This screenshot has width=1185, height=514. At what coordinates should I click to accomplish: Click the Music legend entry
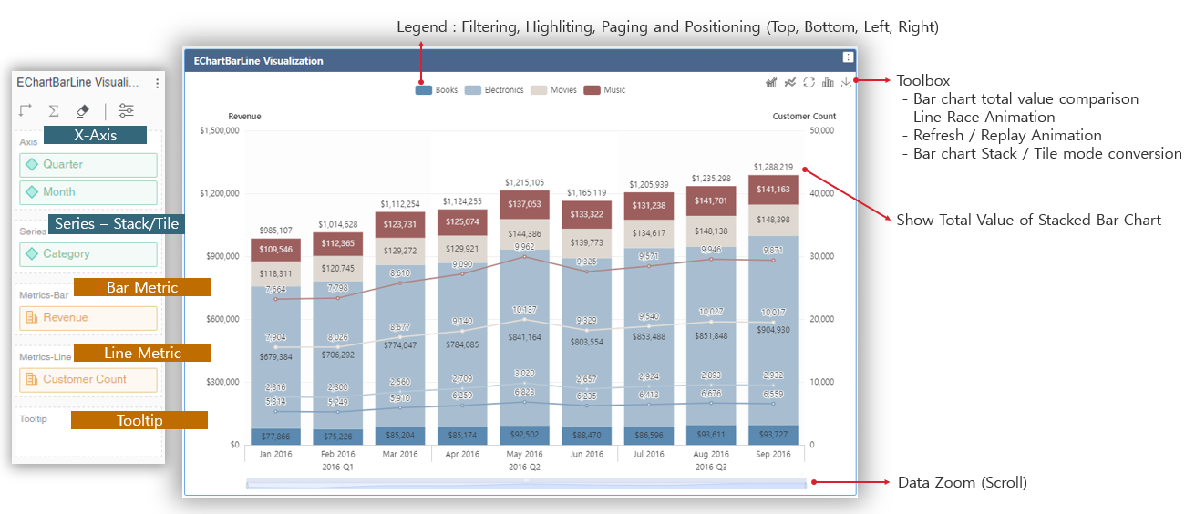click(x=604, y=90)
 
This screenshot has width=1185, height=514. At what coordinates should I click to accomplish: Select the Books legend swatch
click(x=424, y=90)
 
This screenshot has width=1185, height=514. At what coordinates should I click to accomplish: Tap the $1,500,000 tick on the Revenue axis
click(x=219, y=130)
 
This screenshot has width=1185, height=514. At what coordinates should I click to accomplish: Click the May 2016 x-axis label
click(x=524, y=454)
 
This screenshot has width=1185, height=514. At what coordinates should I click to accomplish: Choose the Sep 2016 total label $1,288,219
click(x=773, y=167)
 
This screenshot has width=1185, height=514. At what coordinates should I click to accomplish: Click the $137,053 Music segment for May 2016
click(x=524, y=204)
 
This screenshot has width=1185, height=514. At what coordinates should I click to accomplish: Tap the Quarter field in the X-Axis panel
click(x=88, y=165)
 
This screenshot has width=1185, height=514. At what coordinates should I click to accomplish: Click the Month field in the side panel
click(x=88, y=192)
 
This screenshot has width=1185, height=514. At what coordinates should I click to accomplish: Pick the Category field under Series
click(x=88, y=254)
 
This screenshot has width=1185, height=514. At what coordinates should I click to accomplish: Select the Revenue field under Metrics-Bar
click(x=88, y=318)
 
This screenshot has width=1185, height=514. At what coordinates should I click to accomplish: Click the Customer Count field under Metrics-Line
click(x=88, y=379)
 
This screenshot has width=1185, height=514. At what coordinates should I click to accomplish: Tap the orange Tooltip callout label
click(x=139, y=420)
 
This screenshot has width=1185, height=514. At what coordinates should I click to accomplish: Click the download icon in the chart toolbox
click(x=847, y=83)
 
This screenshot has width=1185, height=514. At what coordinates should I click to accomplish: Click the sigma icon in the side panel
click(x=54, y=111)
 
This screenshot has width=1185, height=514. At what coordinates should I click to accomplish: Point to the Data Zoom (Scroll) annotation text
click(x=962, y=483)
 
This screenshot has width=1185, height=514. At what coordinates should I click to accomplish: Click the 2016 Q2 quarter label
click(x=524, y=467)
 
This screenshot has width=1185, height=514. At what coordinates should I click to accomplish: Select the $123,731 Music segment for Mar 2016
click(x=400, y=224)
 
